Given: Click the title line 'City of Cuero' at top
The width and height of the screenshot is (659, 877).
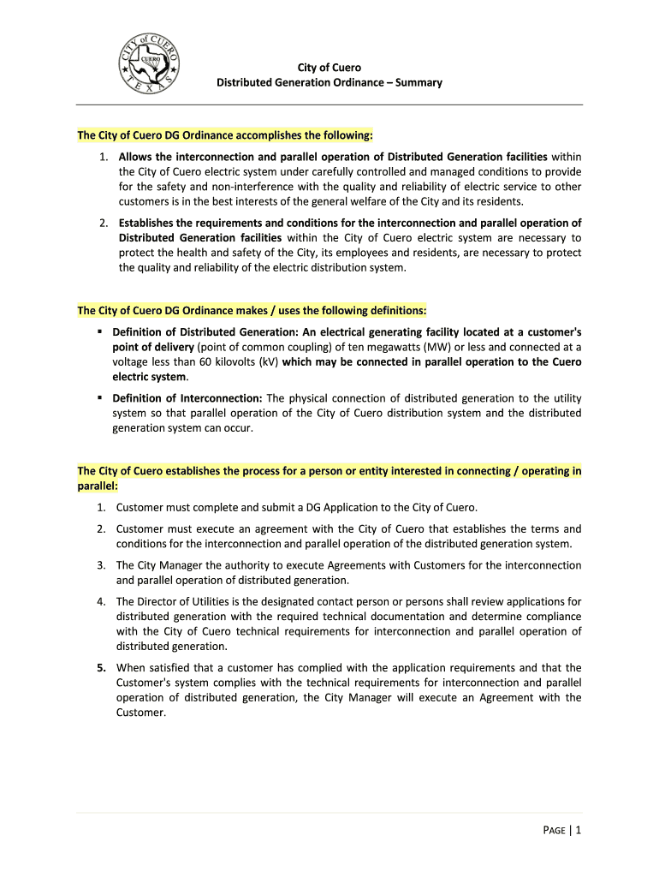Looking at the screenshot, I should pos(329,68).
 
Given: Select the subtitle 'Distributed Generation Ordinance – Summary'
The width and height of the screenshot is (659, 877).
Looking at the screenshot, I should pos(329,83).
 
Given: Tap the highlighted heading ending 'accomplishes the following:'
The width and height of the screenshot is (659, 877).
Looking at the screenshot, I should pos(225,135).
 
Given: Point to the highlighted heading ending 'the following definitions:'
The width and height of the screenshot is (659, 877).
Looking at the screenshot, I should pos(252,309).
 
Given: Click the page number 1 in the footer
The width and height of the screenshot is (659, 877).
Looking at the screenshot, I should pos(579,829).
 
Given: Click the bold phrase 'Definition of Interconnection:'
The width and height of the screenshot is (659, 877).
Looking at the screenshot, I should pos(187,398).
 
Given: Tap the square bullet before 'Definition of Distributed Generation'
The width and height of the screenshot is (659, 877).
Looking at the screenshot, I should pos(100,331).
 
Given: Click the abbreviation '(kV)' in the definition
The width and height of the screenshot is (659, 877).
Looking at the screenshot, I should pos(264,362).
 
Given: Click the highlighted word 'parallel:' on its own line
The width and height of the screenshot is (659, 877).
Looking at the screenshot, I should pos(98,486).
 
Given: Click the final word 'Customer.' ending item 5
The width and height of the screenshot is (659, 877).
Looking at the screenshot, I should pos(140,713).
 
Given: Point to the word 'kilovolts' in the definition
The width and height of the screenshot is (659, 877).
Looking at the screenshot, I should pos(236,362).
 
